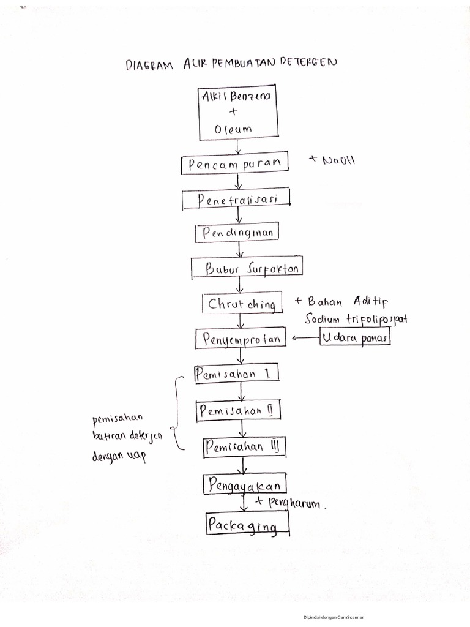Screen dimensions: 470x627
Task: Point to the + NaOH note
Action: click(x=332, y=160)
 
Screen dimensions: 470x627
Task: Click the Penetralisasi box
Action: click(x=236, y=200)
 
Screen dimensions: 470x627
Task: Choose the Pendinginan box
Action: click(x=237, y=234)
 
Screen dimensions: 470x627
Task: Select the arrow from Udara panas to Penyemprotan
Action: click(x=305, y=337)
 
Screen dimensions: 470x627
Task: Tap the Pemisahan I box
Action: click(x=236, y=374)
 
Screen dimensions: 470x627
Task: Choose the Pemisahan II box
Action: click(x=238, y=411)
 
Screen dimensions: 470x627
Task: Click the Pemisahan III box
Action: click(x=244, y=448)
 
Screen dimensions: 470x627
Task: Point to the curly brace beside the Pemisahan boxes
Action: click(x=177, y=413)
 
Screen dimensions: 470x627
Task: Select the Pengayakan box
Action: click(x=244, y=486)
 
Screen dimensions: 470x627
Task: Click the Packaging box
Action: click(x=247, y=525)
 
